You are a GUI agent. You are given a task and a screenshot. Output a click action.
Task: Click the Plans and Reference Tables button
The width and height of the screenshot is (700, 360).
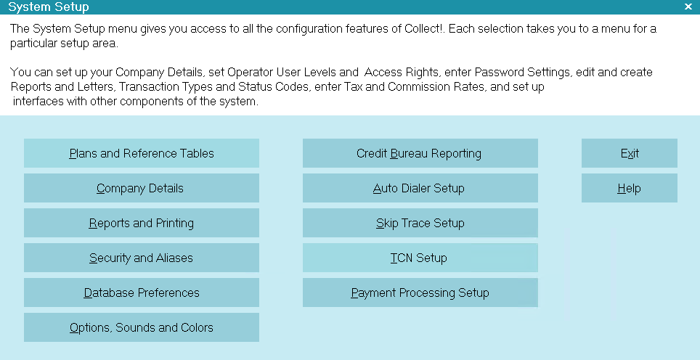(x=142, y=153)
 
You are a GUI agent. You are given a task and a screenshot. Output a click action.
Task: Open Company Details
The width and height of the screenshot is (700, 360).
(x=142, y=188)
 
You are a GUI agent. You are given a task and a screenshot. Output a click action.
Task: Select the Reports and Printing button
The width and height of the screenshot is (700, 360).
(x=142, y=223)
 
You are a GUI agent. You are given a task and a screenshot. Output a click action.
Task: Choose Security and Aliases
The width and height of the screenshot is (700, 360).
(x=142, y=258)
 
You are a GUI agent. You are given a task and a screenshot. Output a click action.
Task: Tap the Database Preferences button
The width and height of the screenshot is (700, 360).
(x=142, y=292)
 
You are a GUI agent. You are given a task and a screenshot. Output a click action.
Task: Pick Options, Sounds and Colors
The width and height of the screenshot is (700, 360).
(x=142, y=327)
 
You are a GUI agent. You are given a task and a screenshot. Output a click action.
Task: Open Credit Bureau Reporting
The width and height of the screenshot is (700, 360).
(x=420, y=153)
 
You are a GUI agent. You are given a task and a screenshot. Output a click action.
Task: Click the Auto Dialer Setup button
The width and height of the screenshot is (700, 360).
(x=420, y=188)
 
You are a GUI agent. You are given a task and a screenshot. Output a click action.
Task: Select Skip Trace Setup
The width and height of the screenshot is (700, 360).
(x=420, y=223)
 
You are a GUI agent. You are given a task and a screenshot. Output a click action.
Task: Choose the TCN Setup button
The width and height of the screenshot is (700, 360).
(x=420, y=258)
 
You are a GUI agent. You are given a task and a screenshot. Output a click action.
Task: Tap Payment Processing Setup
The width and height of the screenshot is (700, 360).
(x=420, y=292)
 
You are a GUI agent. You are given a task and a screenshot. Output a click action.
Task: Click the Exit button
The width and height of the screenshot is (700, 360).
(x=630, y=153)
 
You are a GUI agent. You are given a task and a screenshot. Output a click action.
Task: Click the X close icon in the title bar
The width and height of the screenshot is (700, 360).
(x=688, y=7)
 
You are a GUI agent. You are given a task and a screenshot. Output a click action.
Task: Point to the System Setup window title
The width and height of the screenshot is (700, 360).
(x=49, y=7)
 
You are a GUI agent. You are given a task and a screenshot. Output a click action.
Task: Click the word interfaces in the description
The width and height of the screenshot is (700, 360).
(x=38, y=102)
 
